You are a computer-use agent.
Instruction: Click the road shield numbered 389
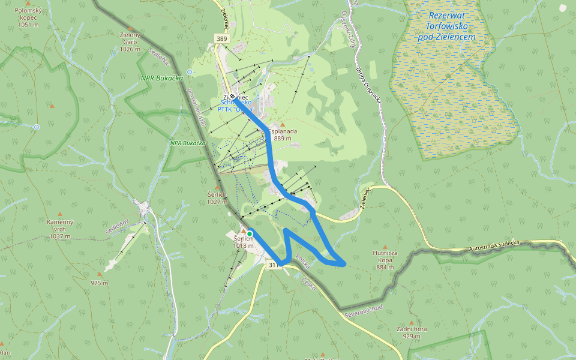point(222,38)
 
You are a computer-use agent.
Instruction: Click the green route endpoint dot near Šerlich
point(250,233)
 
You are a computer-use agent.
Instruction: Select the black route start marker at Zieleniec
point(232,96)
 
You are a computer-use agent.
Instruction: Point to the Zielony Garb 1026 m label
point(130,42)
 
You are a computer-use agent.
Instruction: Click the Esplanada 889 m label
point(283,134)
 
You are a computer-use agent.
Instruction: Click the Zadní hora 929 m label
point(412,332)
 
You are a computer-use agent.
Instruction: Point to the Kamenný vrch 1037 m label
point(60,229)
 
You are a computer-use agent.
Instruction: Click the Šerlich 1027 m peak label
point(217,198)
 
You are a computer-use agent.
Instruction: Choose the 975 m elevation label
point(99,283)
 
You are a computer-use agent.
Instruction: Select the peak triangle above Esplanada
point(283,124)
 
